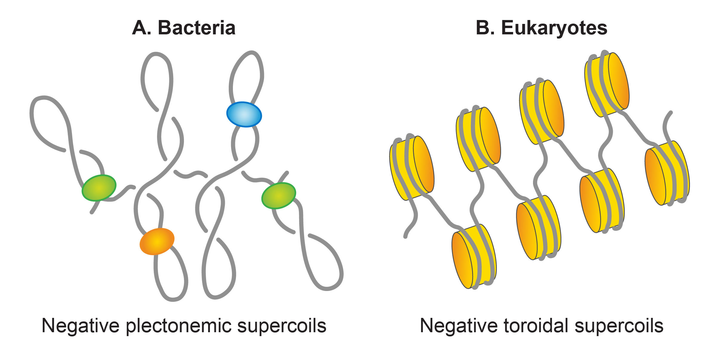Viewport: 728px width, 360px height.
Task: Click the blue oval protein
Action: coord(244,114)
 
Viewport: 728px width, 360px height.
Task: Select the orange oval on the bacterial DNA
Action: coord(157,241)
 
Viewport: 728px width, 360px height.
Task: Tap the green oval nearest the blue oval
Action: coord(279,196)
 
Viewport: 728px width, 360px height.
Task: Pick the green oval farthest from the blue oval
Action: coord(99,188)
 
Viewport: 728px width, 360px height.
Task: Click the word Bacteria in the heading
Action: coord(196,28)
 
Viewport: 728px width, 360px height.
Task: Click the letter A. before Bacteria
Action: coord(142,28)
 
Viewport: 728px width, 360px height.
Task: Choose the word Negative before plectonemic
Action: coord(81,326)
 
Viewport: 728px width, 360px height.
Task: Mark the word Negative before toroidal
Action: coord(459,326)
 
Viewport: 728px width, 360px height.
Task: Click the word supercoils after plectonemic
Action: coord(282,326)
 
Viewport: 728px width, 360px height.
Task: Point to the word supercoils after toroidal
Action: coord(619,326)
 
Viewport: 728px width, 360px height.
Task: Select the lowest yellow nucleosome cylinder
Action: coord(474,256)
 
